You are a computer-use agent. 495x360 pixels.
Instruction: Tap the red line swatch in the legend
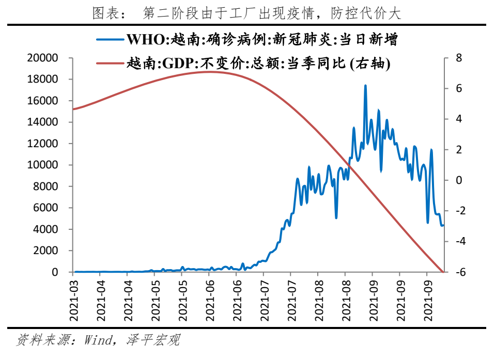[x=110, y=64]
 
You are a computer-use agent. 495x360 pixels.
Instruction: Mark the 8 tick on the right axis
[x=458, y=58]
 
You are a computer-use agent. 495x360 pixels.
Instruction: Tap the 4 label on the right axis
[x=458, y=119]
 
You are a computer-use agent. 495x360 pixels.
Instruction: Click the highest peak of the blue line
[x=365, y=86]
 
